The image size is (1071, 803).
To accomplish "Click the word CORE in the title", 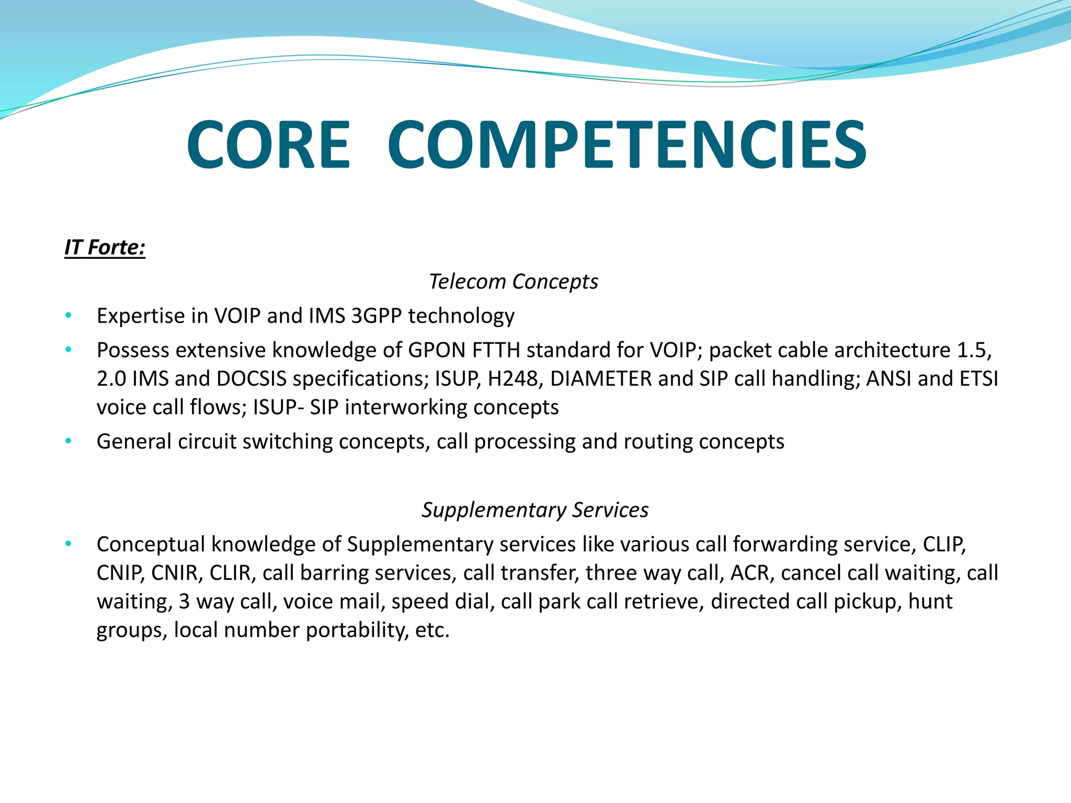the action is coord(268,145).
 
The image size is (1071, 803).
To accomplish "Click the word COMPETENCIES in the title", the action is coord(627,145).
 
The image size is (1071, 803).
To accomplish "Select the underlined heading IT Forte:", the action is coord(105,247).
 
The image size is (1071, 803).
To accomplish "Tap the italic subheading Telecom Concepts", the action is coord(513,281).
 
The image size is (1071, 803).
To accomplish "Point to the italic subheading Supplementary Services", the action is coord(535,510).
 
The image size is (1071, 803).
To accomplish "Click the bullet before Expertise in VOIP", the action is coord(69,315).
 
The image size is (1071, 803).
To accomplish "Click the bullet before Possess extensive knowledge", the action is coord(69,349).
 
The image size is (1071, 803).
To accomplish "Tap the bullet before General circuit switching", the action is coord(69,441).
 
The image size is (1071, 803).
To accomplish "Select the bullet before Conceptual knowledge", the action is coord(69,544).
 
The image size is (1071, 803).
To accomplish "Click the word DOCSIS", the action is coord(252,378).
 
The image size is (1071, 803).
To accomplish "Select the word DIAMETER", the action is coord(601,378).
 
